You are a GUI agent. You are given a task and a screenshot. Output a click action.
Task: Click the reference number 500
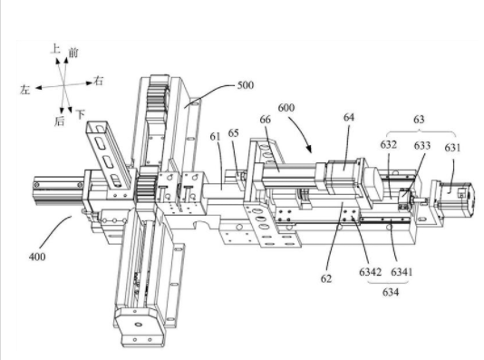(x=246, y=85)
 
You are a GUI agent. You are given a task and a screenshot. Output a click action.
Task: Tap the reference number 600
(x=286, y=108)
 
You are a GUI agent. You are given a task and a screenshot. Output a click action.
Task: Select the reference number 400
(x=37, y=257)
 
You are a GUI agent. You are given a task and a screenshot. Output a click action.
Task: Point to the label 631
(x=452, y=148)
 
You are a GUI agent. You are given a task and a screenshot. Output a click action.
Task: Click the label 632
(x=388, y=144)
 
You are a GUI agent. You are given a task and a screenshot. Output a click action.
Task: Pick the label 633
(x=422, y=145)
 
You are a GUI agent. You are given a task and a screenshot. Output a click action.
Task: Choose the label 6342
(x=370, y=272)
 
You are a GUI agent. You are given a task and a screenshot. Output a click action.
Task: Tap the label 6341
(x=402, y=272)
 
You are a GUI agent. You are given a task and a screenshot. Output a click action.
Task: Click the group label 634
(x=391, y=292)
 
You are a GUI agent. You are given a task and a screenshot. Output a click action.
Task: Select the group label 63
(x=419, y=120)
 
